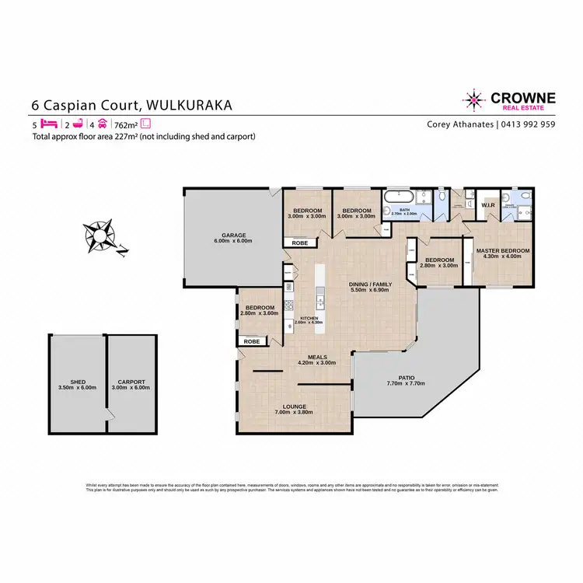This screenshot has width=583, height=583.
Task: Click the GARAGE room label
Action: [233, 235]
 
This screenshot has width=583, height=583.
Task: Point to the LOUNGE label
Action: [295, 407]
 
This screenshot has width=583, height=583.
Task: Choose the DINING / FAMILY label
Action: [370, 285]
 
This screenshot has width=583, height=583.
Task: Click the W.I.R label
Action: [488, 206]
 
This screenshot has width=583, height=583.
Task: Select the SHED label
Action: [77, 382]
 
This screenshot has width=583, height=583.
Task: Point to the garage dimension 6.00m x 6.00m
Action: [233, 241]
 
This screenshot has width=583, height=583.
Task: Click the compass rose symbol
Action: [101, 236]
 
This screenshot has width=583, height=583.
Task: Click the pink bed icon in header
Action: [49, 124]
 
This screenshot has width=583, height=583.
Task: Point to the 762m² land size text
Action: [125, 124]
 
